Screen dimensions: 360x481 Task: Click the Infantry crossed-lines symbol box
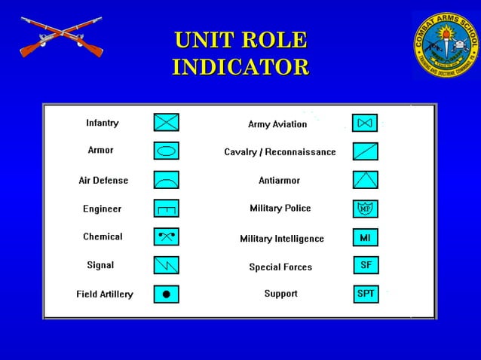[167, 122]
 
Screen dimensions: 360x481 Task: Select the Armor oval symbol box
[167, 151]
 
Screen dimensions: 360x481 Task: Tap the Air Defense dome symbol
[167, 179]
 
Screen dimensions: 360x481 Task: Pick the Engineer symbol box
[167, 208]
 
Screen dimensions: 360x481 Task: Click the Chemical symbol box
[167, 236]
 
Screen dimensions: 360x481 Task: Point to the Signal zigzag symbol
[167, 265]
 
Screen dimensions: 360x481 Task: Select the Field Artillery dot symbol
[167, 294]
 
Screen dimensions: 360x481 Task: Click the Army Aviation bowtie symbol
[365, 123]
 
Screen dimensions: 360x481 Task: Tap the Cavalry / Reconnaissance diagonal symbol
[365, 151]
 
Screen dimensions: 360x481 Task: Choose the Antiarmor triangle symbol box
[365, 179]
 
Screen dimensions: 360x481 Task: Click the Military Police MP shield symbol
[365, 209]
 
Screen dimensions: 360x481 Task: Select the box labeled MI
[365, 238]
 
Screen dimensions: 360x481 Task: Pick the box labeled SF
[365, 266]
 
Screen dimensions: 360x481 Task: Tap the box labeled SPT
[365, 294]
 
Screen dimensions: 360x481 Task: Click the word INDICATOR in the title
[240, 66]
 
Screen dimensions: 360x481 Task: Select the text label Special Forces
[280, 267]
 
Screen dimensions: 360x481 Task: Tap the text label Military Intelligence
[282, 239]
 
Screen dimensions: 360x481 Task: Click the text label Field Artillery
[105, 294]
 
